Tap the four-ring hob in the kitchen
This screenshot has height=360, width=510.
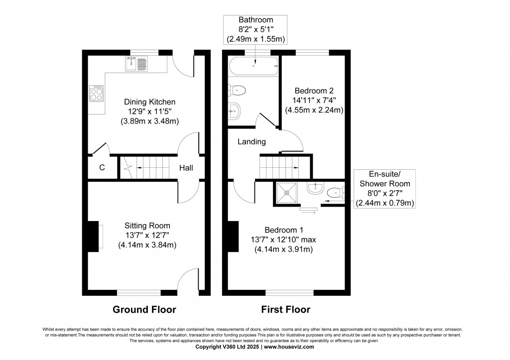pyautogui.click(x=97, y=93)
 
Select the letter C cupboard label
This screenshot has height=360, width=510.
pyautogui.click(x=102, y=168)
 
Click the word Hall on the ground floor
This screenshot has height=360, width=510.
pyautogui.click(x=186, y=168)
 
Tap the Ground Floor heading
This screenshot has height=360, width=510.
pyautogui.click(x=144, y=309)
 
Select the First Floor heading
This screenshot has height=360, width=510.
pyautogui.click(x=286, y=309)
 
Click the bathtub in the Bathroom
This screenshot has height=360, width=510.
pyautogui.click(x=254, y=65)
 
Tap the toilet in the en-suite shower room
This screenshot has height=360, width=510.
pyautogui.click(x=335, y=192)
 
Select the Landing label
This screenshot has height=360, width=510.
pyautogui.click(x=252, y=142)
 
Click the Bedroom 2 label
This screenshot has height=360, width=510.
pyautogui.click(x=314, y=91)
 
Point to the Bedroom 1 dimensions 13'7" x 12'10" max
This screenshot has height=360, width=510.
pyautogui.click(x=283, y=240)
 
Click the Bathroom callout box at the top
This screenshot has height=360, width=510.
pyautogui.click(x=255, y=29)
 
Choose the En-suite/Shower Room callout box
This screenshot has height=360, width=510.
pyautogui.click(x=385, y=189)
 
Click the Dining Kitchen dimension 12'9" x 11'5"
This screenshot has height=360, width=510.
pyautogui.click(x=149, y=111)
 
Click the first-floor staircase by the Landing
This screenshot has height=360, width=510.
pyautogui.click(x=279, y=165)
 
